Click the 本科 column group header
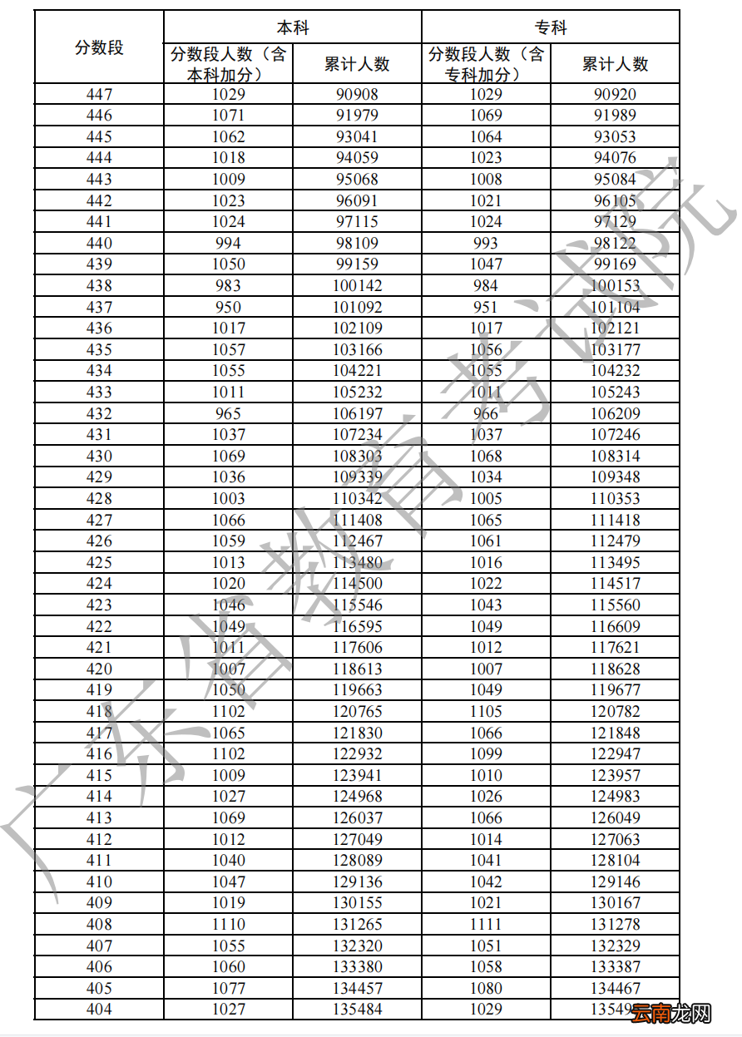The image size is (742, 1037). click(x=293, y=27)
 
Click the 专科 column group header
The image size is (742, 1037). click(x=551, y=27)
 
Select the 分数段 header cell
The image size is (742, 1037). click(x=99, y=47)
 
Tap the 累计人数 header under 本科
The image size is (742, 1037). click(x=357, y=64)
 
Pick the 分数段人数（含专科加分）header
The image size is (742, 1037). click(x=486, y=64)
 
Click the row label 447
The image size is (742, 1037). click(x=99, y=94)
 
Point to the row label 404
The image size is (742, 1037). click(x=99, y=1009)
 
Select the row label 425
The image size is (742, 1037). click(x=99, y=562)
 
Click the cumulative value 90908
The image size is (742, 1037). click(x=357, y=94)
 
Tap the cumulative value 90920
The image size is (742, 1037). click(x=615, y=94)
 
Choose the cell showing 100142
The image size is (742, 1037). click(x=357, y=285)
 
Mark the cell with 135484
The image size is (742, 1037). click(x=357, y=1009)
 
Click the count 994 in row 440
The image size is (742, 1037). click(x=228, y=243)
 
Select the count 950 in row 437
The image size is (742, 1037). click(x=228, y=307)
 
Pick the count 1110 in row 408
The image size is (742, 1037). click(x=228, y=924)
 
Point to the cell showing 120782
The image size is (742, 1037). click(x=615, y=711)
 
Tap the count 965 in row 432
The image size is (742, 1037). click(x=228, y=413)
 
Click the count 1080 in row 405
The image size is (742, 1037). click(x=486, y=988)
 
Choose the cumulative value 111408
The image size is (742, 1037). click(x=357, y=520)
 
